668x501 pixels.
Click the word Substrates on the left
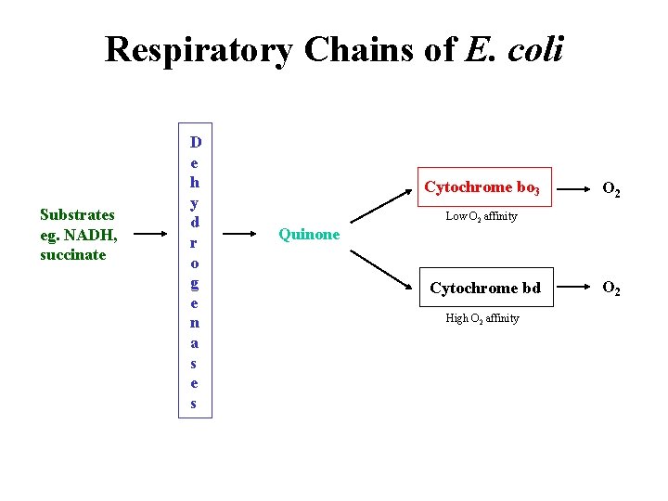[77, 214]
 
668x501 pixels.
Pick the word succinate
[73, 254]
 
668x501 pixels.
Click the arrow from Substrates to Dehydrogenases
[149, 235]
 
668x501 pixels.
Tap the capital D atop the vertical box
[195, 142]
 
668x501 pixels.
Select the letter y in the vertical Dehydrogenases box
[195, 202]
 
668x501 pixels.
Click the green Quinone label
[309, 235]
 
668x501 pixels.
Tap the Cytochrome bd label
[484, 289]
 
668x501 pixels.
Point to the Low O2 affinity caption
[482, 216]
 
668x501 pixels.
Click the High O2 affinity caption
[482, 318]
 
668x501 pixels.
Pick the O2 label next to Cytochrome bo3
[611, 190]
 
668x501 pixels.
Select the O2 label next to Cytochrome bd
[611, 289]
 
